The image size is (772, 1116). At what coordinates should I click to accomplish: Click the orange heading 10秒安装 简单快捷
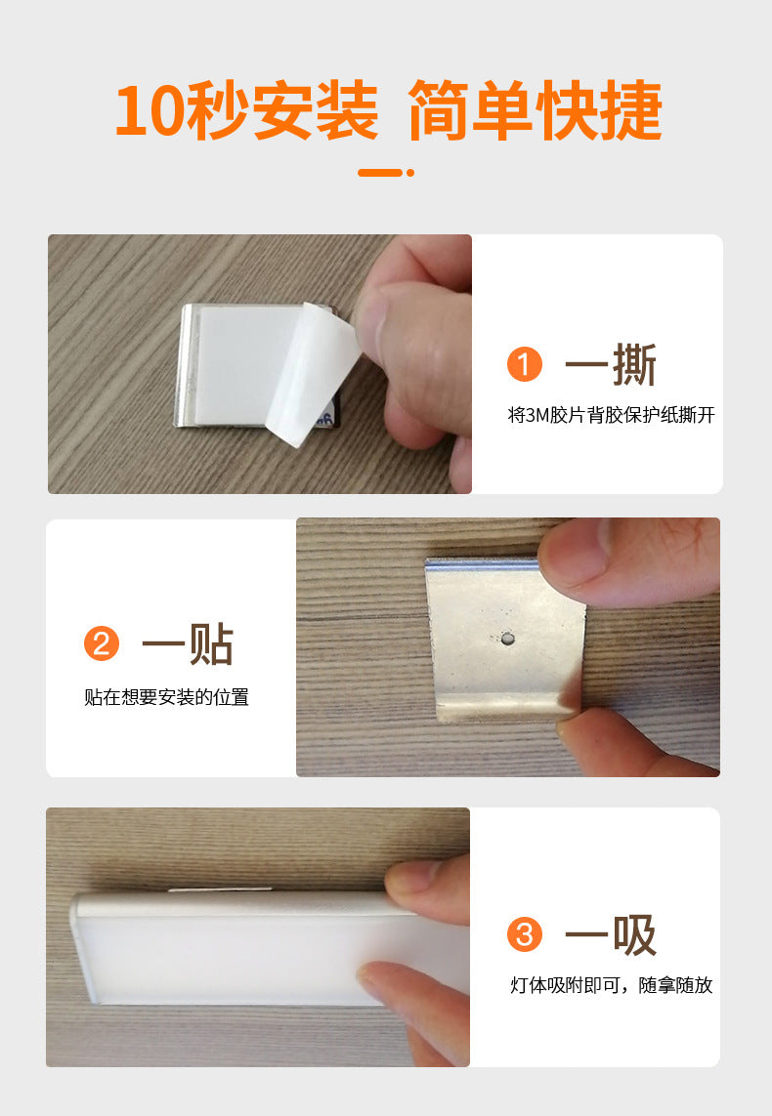pos(388,110)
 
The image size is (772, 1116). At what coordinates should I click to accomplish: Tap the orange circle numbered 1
pos(525,364)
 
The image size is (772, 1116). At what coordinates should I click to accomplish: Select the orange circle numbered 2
pos(101,643)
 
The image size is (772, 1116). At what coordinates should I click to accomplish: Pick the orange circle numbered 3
pos(525,934)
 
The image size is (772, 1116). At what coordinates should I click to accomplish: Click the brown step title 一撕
pos(611,365)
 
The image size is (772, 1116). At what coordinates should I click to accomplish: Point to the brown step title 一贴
pos(188,644)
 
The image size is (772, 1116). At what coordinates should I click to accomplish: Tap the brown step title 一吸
pos(611,935)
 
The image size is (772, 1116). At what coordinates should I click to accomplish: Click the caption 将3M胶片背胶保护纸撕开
pos(611,415)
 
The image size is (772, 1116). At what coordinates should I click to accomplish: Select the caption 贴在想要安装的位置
pos(167,697)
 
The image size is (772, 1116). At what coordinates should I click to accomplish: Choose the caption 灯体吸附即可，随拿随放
pos(611,985)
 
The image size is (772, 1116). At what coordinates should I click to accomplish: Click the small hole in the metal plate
pos(507,639)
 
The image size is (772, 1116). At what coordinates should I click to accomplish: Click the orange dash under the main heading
pos(380,172)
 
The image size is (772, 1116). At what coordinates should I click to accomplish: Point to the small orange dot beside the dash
pos(410,172)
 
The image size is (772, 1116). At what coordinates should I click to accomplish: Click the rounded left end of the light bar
pos(82,947)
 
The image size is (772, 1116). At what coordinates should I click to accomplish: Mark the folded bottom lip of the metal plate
pos(502,706)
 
